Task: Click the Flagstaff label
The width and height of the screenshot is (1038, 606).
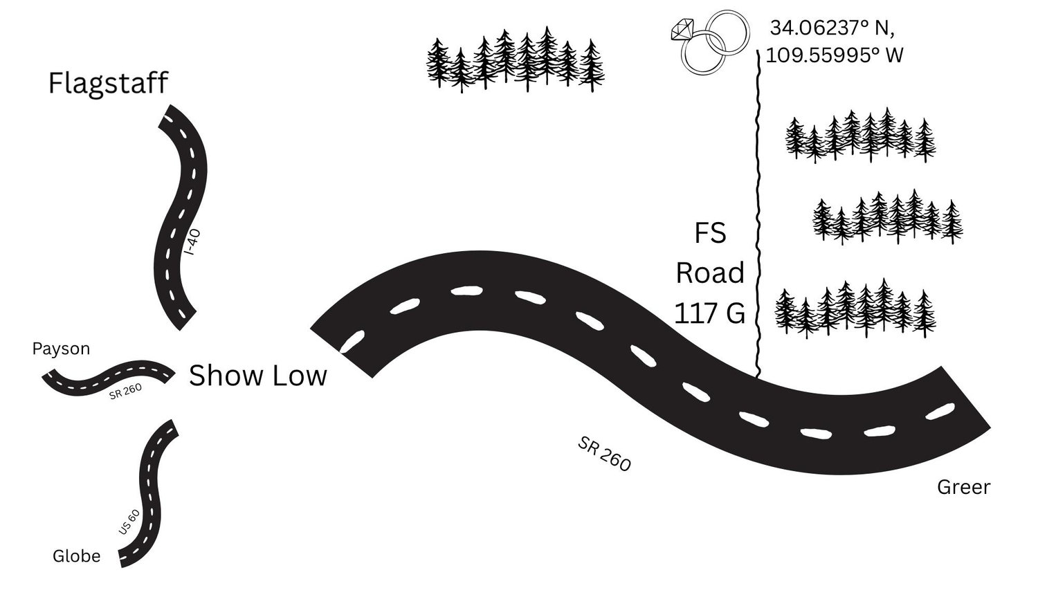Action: pos(108,84)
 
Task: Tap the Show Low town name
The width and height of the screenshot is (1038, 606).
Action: pos(257,375)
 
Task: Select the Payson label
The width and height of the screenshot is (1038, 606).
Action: pos(61,349)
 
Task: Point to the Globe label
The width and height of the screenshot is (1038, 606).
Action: pos(76,556)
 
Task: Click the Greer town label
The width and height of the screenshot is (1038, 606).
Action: pos(964,487)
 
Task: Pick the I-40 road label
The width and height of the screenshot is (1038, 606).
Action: pos(192,242)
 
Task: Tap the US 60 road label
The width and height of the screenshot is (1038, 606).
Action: pos(129,522)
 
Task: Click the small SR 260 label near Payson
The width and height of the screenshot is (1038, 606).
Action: pos(125,392)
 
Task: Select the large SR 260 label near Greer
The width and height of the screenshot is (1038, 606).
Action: pos(604,454)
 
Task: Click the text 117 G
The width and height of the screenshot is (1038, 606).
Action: pos(709,313)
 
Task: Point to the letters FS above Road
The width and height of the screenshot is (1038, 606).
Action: pos(711,233)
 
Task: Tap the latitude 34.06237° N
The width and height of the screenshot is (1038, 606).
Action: pos(832,28)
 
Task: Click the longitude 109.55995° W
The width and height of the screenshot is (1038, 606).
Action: pos(835,55)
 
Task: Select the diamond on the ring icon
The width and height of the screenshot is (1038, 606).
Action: pos(682,29)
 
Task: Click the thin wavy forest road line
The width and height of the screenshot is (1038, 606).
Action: pos(758,214)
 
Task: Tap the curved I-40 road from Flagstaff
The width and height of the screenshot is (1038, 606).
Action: pos(180,218)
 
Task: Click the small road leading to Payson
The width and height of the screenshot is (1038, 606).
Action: pos(109,378)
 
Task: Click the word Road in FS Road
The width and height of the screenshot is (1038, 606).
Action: pos(710,273)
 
